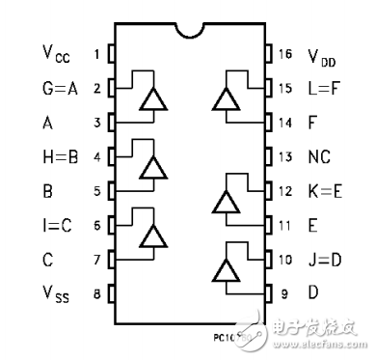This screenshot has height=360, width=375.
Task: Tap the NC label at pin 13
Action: pos(318,156)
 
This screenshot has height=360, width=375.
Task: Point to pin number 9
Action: pos(285,293)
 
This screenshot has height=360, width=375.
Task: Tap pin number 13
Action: pos(285,156)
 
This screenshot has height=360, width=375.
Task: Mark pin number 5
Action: pos(96,190)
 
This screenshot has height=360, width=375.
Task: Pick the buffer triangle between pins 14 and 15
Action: pos(226,100)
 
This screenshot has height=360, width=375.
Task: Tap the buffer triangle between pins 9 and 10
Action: pos(226,272)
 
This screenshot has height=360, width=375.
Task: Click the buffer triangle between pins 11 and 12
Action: pos(226,203)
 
